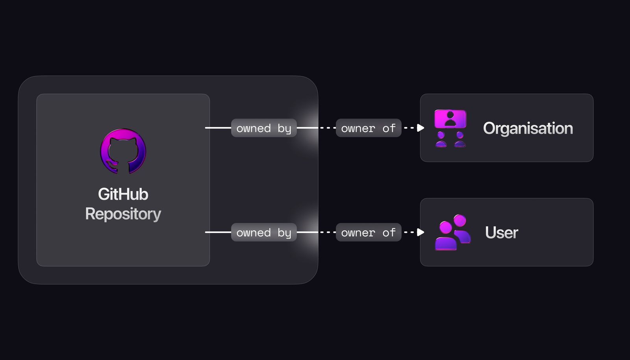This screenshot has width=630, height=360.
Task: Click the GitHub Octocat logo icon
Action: click(x=123, y=151)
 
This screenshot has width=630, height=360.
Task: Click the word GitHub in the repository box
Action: click(x=123, y=194)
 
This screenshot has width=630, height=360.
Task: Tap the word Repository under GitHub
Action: click(x=123, y=214)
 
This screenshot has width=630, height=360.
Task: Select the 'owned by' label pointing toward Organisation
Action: click(x=264, y=128)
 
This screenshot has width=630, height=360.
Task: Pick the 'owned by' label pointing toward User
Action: click(x=264, y=233)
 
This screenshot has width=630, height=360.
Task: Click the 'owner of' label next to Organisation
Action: click(x=368, y=128)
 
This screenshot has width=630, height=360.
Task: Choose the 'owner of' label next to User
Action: click(x=368, y=233)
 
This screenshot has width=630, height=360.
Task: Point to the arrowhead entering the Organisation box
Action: click(x=421, y=128)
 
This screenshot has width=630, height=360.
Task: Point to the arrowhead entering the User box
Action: click(x=421, y=232)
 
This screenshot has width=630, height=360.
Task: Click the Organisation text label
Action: click(x=528, y=128)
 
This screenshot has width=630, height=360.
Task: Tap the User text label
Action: click(x=501, y=233)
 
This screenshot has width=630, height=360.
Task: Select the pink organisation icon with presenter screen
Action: click(x=450, y=128)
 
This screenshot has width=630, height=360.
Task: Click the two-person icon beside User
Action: click(x=452, y=232)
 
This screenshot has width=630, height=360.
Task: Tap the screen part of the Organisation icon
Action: click(x=450, y=119)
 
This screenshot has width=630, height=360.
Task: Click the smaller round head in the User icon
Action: click(x=460, y=220)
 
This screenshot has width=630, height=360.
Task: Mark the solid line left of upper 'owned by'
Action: click(x=218, y=128)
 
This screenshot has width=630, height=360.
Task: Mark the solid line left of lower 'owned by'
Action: click(x=218, y=232)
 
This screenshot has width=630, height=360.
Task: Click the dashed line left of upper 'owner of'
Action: click(x=328, y=128)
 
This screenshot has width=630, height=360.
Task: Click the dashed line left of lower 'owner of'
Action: click(x=328, y=232)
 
